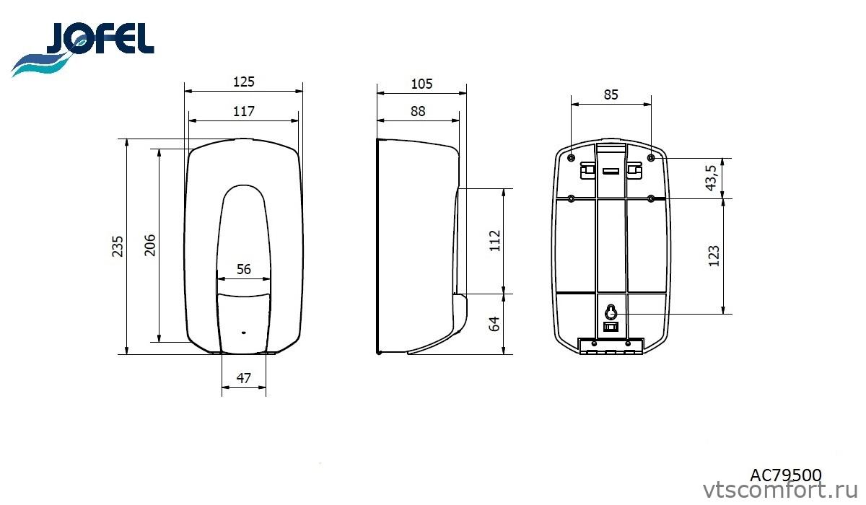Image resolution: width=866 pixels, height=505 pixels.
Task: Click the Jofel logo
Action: pyautogui.click(x=83, y=49)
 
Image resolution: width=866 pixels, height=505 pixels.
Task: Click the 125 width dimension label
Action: pyautogui.click(x=244, y=82)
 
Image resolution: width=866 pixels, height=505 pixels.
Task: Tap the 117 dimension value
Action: pyautogui.click(x=244, y=111)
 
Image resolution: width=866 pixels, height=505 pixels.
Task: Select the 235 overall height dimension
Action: pyautogui.click(x=117, y=247)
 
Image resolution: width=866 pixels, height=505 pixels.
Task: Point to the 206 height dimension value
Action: pyautogui.click(x=149, y=245)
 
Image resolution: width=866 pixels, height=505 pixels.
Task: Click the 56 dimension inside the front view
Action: pyautogui.click(x=244, y=269)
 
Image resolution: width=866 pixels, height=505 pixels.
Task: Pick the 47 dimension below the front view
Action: pyautogui.click(x=244, y=378)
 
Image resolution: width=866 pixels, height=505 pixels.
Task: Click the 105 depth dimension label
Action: pyautogui.click(x=421, y=84)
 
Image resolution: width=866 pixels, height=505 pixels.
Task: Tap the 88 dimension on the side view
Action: pyautogui.click(x=418, y=111)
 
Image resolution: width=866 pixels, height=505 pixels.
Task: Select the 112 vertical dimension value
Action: pyautogui.click(x=495, y=241)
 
